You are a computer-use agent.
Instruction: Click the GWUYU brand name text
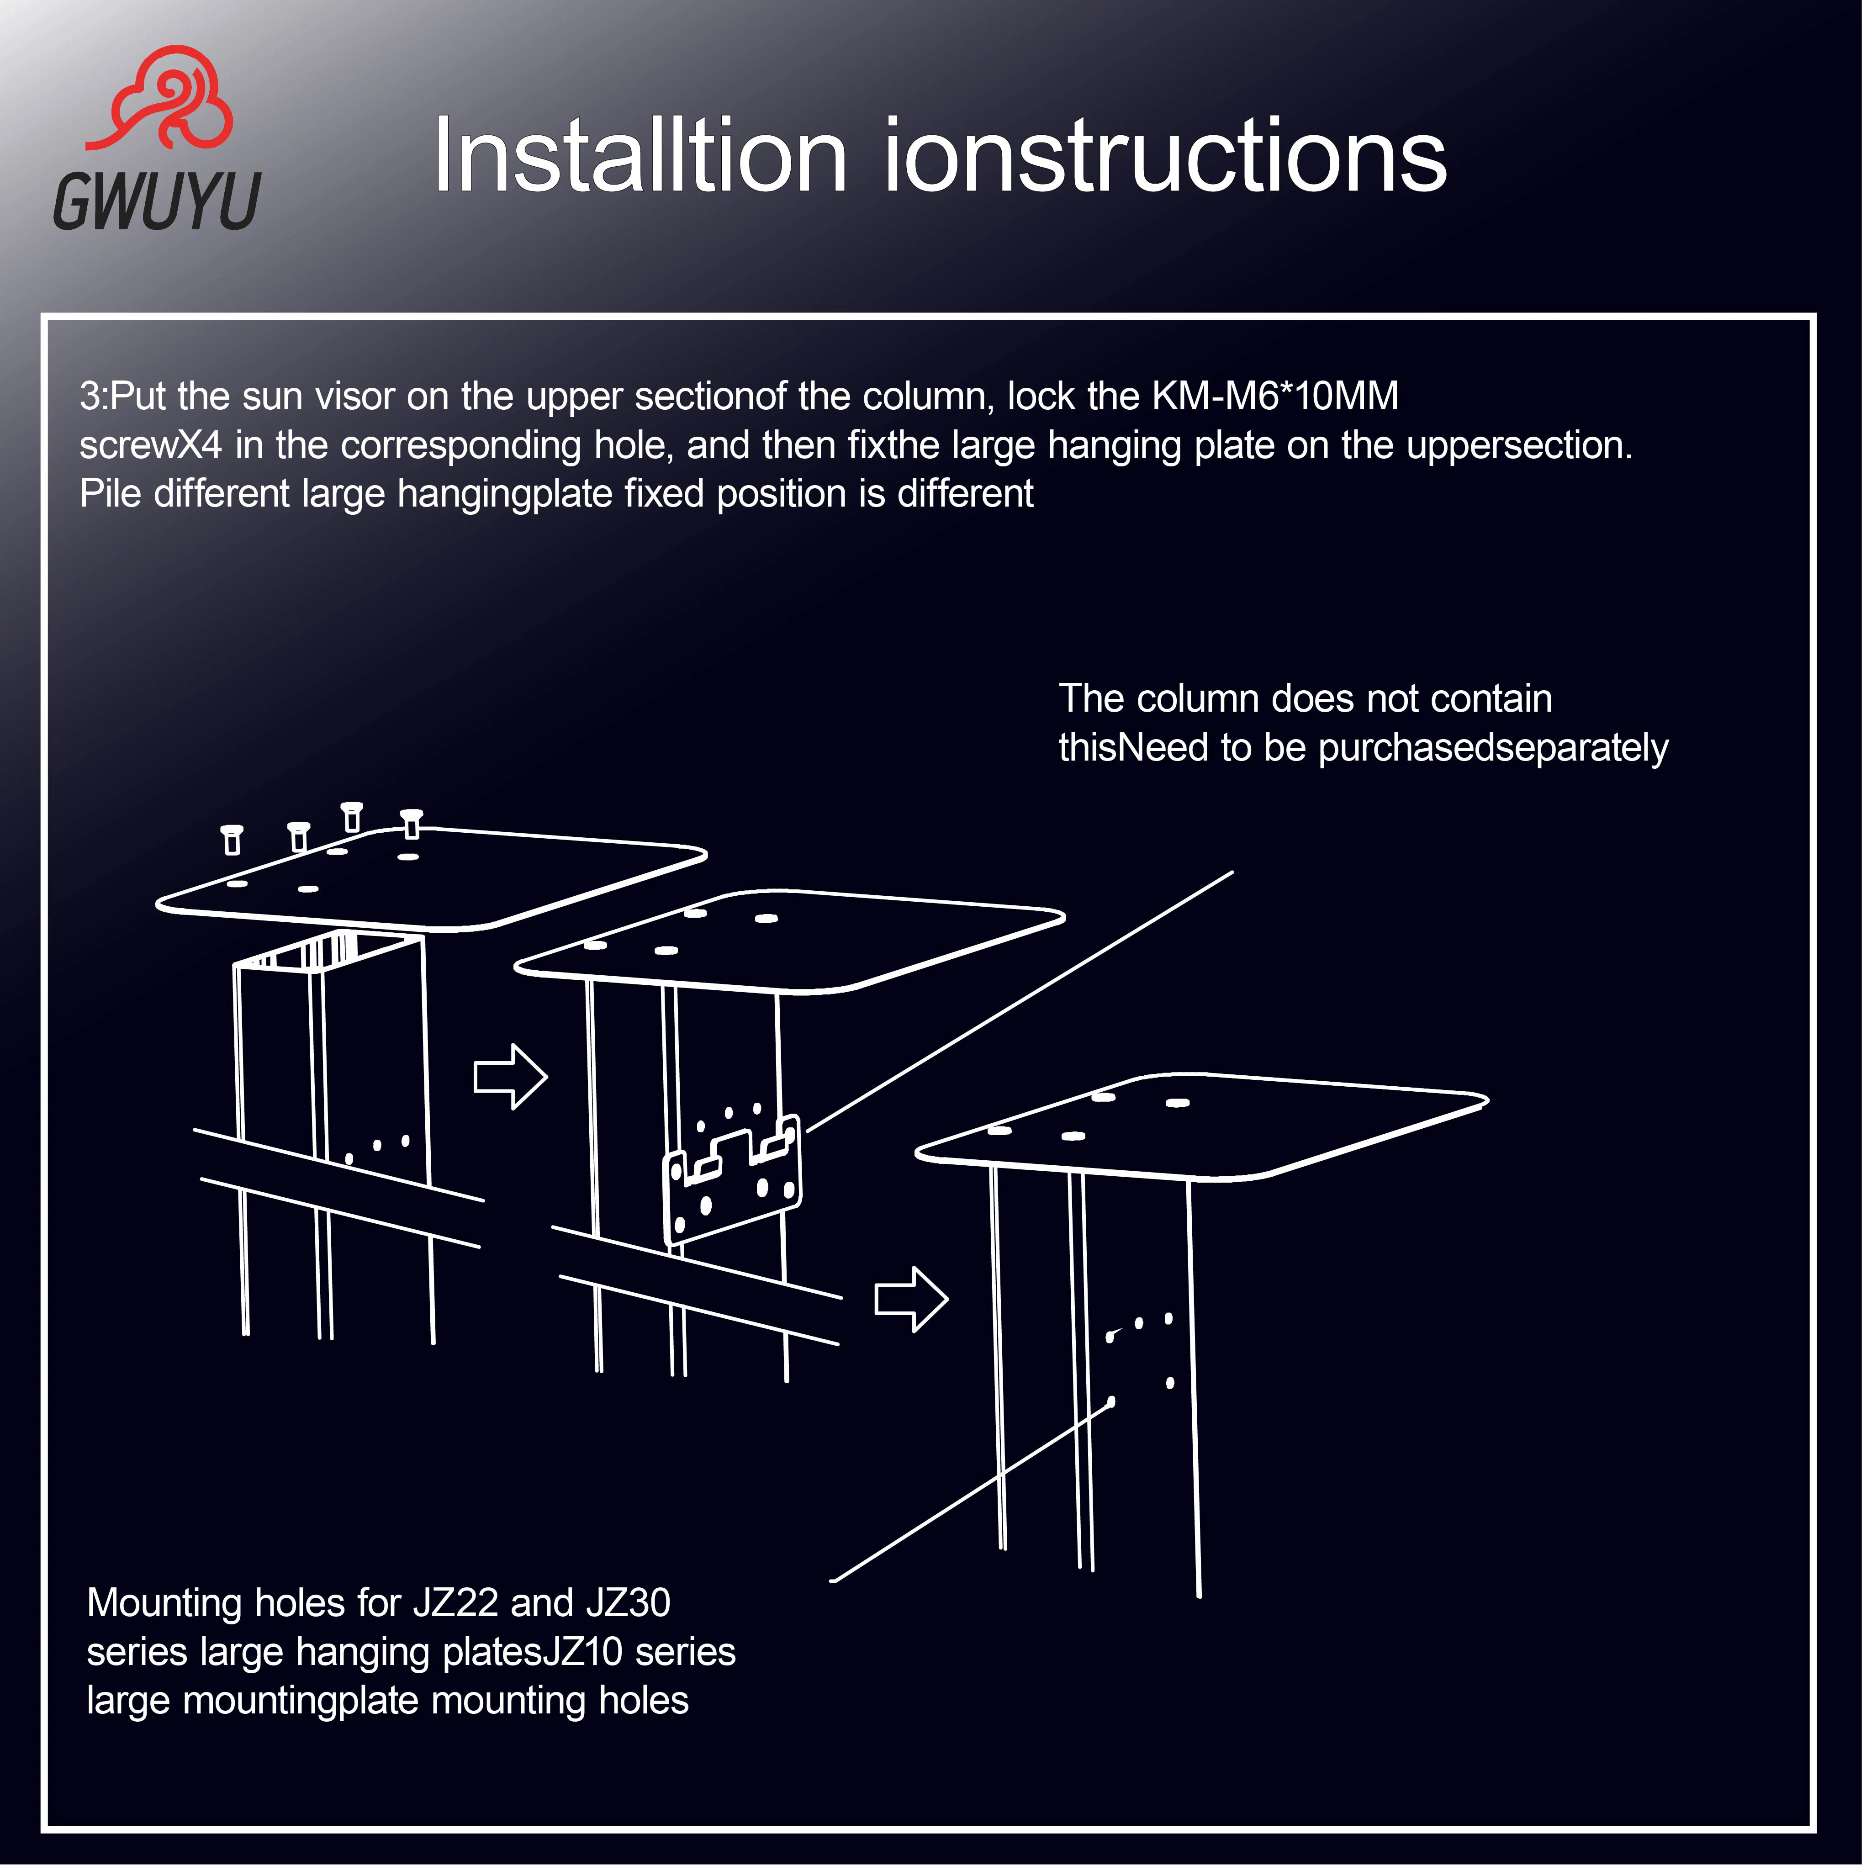click(x=157, y=201)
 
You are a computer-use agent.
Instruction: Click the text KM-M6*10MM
click(x=1275, y=396)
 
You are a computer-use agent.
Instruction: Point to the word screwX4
click(x=151, y=445)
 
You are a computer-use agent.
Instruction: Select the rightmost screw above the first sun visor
click(x=412, y=823)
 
